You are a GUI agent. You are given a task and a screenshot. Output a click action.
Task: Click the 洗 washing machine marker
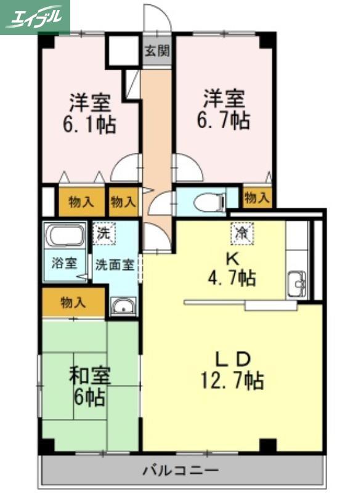[x=103, y=233]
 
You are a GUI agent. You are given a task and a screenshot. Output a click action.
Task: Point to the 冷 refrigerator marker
[x=242, y=233]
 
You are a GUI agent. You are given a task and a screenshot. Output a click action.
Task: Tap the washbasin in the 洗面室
[x=123, y=306]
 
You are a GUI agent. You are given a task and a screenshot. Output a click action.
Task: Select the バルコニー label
[x=180, y=470]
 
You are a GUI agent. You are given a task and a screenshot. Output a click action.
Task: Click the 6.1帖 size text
[x=89, y=124]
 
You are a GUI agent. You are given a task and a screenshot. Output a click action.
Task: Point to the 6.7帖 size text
[x=224, y=120]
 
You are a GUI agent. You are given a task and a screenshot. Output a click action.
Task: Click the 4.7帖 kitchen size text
[x=232, y=278]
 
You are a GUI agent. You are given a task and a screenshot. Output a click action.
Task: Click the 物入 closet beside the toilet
[x=257, y=198]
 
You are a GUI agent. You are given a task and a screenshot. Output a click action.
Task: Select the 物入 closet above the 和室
[x=73, y=303]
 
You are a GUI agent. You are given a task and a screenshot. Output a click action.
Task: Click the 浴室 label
[x=65, y=263]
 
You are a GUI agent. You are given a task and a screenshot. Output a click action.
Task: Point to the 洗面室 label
[x=115, y=265]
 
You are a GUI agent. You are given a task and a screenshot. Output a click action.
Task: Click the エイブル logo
[x=34, y=17]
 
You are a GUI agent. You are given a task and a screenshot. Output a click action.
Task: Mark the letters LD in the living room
[x=232, y=359]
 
